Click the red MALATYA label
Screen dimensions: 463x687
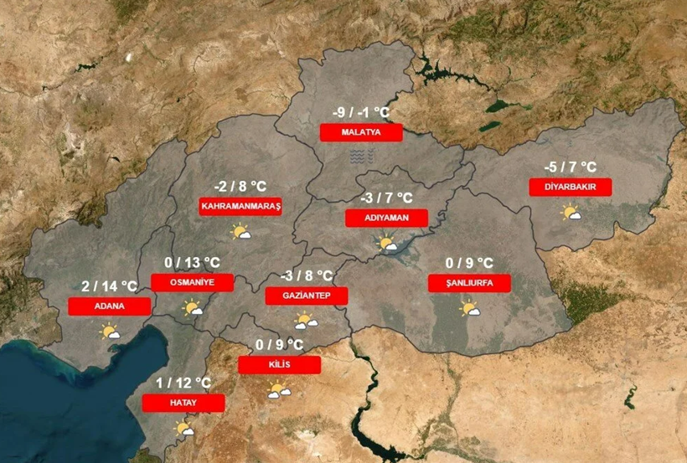click(x=361, y=132)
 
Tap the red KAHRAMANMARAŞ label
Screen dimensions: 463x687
click(x=241, y=206)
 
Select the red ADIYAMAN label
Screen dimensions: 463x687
click(x=386, y=218)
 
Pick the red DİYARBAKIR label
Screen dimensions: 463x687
click(x=571, y=187)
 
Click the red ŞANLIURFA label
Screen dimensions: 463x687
click(x=469, y=283)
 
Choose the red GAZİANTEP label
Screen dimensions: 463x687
click(x=307, y=296)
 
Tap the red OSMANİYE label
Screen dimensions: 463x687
click(x=192, y=282)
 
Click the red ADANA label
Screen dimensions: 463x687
click(x=110, y=306)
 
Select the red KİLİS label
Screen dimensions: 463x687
click(x=279, y=365)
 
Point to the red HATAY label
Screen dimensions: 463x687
click(x=183, y=403)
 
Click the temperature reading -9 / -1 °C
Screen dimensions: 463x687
click(x=361, y=112)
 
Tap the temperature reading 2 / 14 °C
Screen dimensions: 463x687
click(x=110, y=286)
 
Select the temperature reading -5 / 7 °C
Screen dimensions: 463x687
click(x=571, y=166)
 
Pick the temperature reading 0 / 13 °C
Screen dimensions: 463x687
click(x=192, y=262)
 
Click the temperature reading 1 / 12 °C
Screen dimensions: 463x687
click(x=183, y=383)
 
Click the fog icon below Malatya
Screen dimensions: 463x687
click(x=360, y=157)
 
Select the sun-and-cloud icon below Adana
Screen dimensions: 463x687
click(x=110, y=332)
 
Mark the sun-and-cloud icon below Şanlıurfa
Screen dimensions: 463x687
click(x=469, y=309)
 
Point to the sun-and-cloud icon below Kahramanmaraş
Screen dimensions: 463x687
click(x=241, y=232)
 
